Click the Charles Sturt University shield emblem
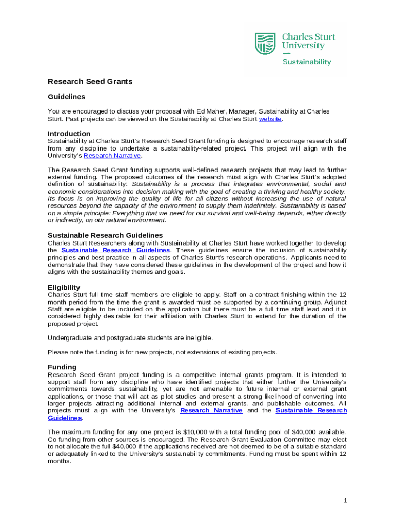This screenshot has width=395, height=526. point(266,43)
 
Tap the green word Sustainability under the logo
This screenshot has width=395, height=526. point(307,62)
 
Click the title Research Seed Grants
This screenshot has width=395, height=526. point(90,81)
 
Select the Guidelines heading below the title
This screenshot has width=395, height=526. point(66,97)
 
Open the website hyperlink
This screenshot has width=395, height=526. point(270,119)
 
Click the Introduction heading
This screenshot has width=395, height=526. point(69,134)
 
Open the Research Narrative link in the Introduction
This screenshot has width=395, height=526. point(112,155)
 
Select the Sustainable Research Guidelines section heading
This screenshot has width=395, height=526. point(105,235)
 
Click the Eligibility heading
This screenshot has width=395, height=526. point(64,287)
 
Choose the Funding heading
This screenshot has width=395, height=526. point(62,367)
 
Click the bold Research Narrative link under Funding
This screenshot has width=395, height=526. point(211,410)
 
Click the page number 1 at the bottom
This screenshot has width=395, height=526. point(346,500)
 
